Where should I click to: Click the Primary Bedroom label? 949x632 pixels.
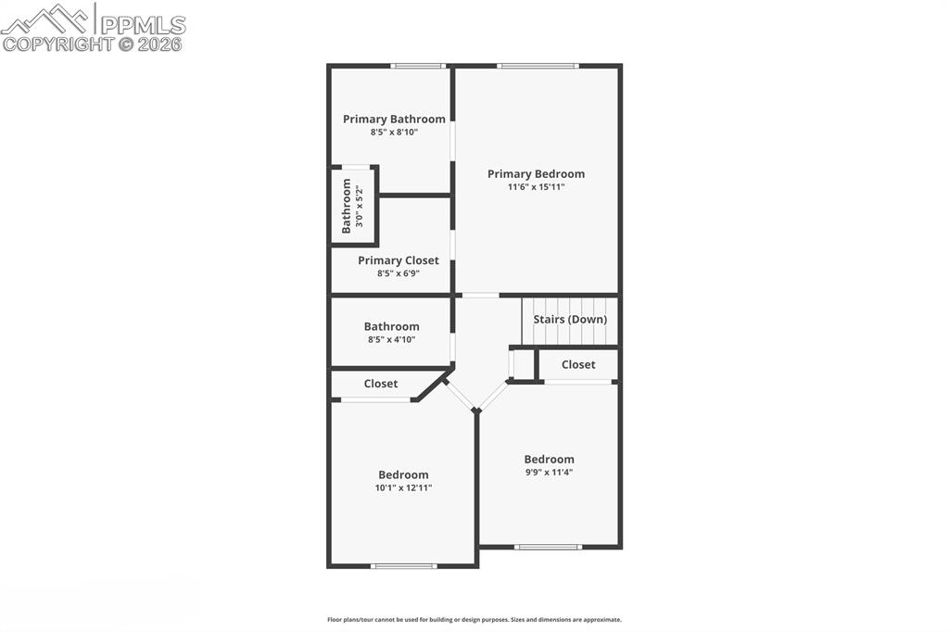pos(536,174)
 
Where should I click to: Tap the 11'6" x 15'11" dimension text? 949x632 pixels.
pos(536,187)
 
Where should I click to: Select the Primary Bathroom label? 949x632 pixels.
pos(394,120)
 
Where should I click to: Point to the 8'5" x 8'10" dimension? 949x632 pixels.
pos(394,133)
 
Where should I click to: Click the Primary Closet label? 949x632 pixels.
pos(399,261)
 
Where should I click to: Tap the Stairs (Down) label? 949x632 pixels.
pos(570,320)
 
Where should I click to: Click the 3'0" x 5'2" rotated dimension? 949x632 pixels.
pos(359,207)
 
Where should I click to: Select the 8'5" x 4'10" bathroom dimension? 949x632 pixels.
pos(391,340)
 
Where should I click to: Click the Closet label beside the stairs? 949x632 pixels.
pos(578,365)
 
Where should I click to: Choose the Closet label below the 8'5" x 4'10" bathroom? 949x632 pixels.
pos(381,384)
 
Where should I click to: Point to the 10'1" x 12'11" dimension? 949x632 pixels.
pos(403,488)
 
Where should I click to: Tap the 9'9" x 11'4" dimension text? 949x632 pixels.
pos(549,473)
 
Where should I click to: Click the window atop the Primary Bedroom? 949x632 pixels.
pos(538,66)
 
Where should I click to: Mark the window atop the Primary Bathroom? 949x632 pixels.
pos(417,66)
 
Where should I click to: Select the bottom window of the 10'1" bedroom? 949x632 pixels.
pos(403,565)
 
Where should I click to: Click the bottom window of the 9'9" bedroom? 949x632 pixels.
pos(549,547)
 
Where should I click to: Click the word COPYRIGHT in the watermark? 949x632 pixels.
pos(57,44)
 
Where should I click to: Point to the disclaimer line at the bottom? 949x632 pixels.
pos(474,620)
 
